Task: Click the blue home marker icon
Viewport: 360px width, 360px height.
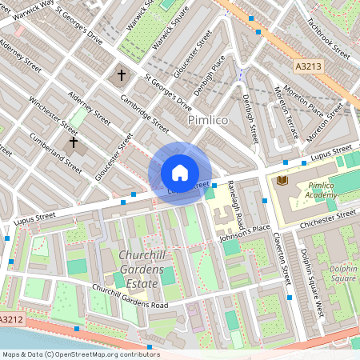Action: click(180, 173)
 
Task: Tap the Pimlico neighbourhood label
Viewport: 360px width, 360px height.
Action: click(208, 119)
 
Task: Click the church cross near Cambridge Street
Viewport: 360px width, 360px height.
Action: click(122, 76)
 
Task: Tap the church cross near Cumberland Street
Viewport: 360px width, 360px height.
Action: click(74, 143)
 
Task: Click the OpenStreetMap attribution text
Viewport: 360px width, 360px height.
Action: click(80, 354)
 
